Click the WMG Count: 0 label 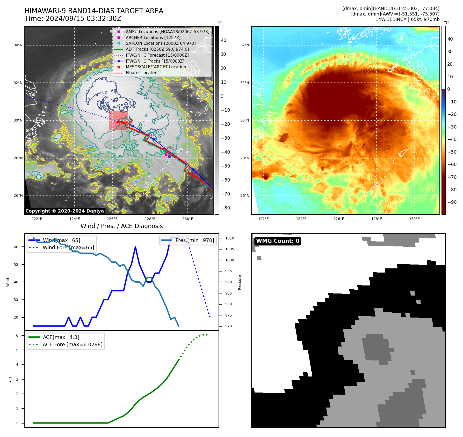[278, 241]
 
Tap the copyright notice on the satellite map [64, 211]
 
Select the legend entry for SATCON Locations [161, 43]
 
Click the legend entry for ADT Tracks [157, 49]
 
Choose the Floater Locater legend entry [141, 73]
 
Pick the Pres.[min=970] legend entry [194, 240]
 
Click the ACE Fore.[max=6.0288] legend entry [72, 344]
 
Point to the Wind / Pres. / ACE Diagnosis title [122, 226]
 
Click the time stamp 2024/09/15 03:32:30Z [83, 19]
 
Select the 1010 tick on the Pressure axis [229, 238]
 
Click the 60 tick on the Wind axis [16, 247]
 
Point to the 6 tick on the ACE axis [17, 335]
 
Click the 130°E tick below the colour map [414, 219]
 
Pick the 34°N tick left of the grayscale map [18, 45]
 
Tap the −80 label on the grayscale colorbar [225, 208]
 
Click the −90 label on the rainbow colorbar [452, 202]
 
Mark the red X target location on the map [118, 121]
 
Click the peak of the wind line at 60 [135, 247]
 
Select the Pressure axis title [240, 282]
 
